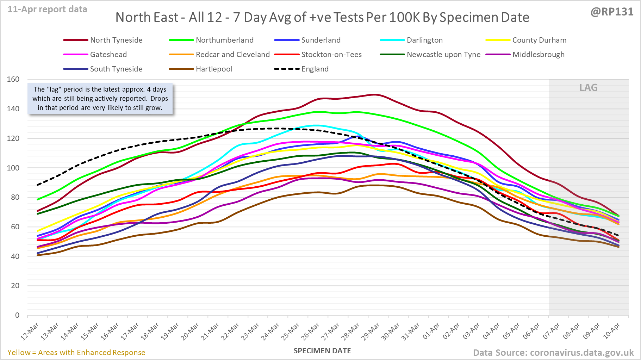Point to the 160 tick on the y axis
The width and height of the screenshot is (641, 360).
click(13, 79)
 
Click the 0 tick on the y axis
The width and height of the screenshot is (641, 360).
click(17, 315)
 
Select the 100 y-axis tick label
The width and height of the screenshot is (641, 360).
click(13, 168)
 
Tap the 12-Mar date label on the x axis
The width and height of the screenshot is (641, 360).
click(30, 331)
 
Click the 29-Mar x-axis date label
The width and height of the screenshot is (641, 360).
click(371, 331)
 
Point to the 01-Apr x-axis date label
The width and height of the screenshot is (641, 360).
click(431, 331)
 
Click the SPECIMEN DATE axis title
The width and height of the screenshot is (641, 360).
click(322, 351)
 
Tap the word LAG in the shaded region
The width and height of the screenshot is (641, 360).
click(589, 88)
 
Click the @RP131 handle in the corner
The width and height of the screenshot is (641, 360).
click(612, 12)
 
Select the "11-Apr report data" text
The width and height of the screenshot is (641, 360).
click(48, 10)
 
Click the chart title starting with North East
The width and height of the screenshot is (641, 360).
click(322, 17)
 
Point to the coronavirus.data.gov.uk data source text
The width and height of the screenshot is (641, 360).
click(553, 353)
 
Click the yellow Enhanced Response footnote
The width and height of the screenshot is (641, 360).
click(76, 353)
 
